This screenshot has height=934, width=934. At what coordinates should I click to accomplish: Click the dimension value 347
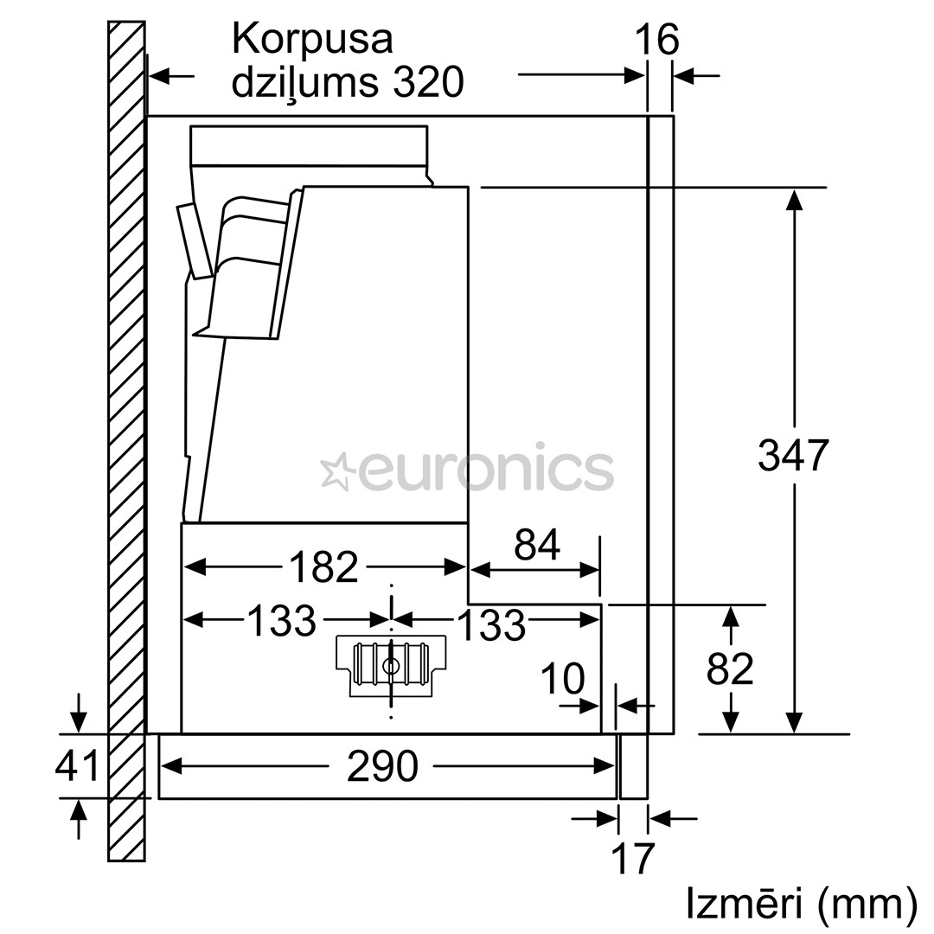pyautogui.click(x=793, y=455)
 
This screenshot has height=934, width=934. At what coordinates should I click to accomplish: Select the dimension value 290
pyautogui.click(x=382, y=766)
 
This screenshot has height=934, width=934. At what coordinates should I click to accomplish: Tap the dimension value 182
pyautogui.click(x=323, y=567)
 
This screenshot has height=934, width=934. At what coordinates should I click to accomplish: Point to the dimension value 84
pyautogui.click(x=536, y=545)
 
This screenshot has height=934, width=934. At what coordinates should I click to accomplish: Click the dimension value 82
pyautogui.click(x=730, y=669)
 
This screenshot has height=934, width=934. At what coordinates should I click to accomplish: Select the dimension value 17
pyautogui.click(x=633, y=858)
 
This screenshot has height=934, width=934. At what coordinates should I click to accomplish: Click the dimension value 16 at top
pyautogui.click(x=657, y=41)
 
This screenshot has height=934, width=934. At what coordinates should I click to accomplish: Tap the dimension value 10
pyautogui.click(x=562, y=679)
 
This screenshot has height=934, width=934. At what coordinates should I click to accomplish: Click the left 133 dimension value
pyautogui.click(x=282, y=620)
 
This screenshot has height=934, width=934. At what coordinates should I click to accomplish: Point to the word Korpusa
pyautogui.click(x=312, y=39)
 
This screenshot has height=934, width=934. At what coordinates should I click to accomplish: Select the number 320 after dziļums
pyautogui.click(x=428, y=84)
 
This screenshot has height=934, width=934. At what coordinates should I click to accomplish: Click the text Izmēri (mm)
pyautogui.click(x=801, y=903)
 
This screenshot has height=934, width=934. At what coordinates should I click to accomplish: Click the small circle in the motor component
pyautogui.click(x=391, y=666)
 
